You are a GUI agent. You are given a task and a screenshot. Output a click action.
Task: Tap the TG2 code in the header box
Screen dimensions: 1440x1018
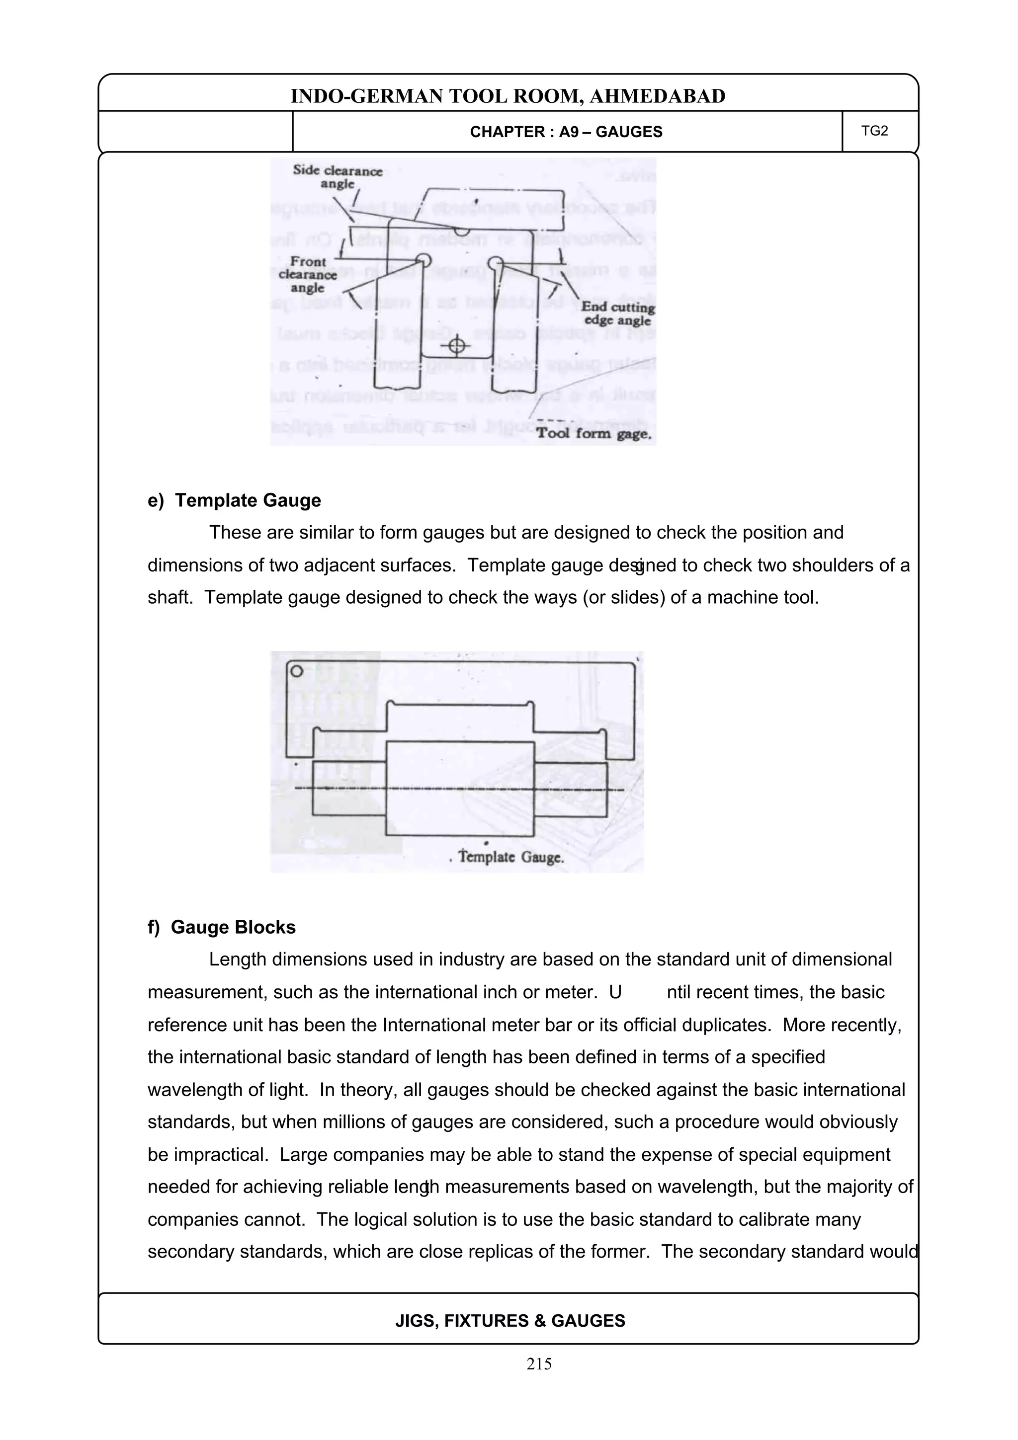tap(874, 131)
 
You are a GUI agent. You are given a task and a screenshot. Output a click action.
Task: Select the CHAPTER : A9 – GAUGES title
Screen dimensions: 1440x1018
tap(566, 132)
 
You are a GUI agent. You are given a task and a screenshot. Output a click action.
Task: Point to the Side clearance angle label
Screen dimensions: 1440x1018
tap(338, 177)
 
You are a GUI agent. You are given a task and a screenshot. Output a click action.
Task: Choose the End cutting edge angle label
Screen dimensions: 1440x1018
tap(617, 314)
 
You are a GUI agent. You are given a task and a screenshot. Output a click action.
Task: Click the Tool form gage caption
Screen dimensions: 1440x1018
tap(594, 433)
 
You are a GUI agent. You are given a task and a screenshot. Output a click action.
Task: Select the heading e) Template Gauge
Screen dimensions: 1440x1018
tap(234, 500)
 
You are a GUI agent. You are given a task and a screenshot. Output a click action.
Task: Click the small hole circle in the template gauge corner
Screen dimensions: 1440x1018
tap(296, 671)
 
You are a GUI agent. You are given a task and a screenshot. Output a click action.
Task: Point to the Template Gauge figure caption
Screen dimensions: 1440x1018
tap(510, 857)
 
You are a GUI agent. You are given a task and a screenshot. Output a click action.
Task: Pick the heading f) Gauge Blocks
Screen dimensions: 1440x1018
tap(221, 927)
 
